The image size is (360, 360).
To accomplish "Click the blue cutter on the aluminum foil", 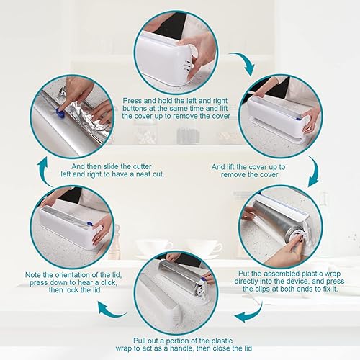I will [58, 110].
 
